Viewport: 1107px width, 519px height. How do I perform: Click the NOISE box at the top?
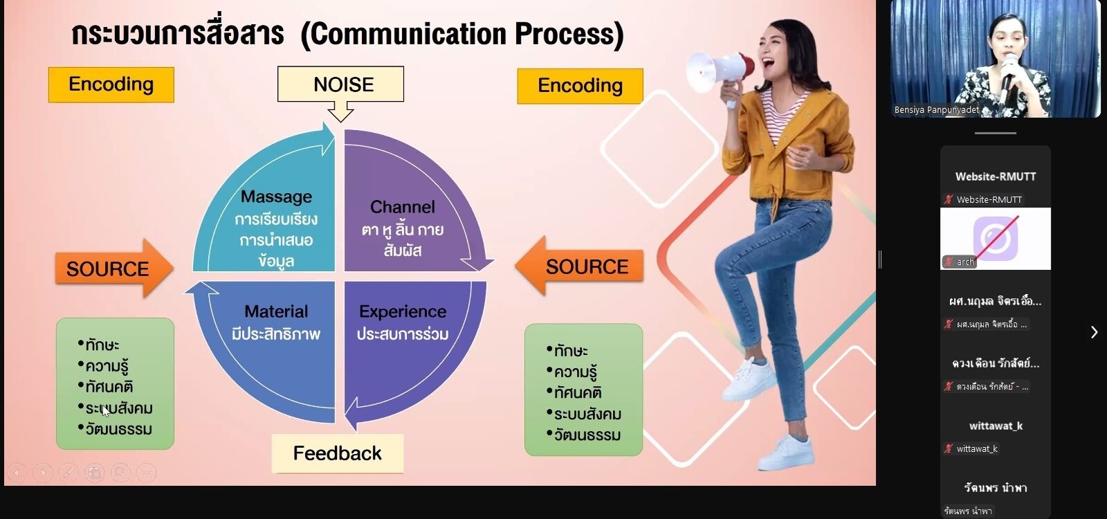pyautogui.click(x=340, y=84)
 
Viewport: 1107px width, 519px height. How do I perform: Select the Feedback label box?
pyautogui.click(x=338, y=453)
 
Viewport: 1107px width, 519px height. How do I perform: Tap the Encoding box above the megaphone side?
pyautogui.click(x=580, y=86)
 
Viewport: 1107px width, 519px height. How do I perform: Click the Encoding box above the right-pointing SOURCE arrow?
pyautogui.click(x=111, y=84)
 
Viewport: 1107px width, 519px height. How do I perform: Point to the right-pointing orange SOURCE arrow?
pyautogui.click(x=114, y=268)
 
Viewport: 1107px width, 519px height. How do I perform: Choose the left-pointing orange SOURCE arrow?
pyautogui.click(x=579, y=266)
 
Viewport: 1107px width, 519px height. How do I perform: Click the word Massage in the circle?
pyautogui.click(x=276, y=197)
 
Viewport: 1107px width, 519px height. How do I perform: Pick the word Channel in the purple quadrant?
pyautogui.click(x=403, y=207)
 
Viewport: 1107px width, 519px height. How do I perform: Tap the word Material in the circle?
pyautogui.click(x=276, y=311)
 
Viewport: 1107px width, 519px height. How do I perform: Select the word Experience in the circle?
pyautogui.click(x=403, y=311)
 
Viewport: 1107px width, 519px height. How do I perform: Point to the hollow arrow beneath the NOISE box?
pyautogui.click(x=340, y=111)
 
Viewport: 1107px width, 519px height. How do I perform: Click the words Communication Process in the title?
pyautogui.click(x=462, y=35)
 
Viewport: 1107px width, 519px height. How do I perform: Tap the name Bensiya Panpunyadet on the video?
pyautogui.click(x=937, y=110)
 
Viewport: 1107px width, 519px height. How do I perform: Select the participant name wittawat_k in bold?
pyautogui.click(x=996, y=426)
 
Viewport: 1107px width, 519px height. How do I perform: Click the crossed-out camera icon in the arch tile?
pyautogui.click(x=996, y=238)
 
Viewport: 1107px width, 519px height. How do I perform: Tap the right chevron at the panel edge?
pyautogui.click(x=1094, y=332)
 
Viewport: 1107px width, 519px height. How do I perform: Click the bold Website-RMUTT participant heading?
pyautogui.click(x=996, y=176)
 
